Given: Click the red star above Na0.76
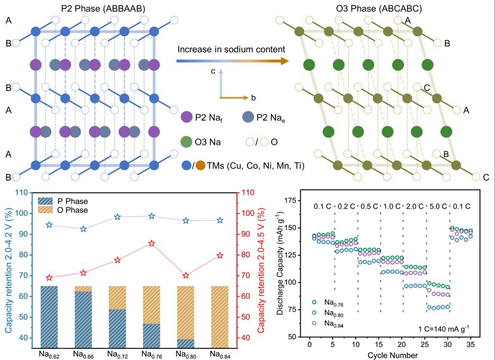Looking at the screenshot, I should (x=152, y=244).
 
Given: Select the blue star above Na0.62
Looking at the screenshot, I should (x=49, y=225).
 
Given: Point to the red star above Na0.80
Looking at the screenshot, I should (x=186, y=275).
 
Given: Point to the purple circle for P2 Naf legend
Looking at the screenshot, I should (x=187, y=117).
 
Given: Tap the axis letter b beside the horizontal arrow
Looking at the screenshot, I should (x=253, y=98).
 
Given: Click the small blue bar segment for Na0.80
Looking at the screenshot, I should (x=186, y=343).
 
